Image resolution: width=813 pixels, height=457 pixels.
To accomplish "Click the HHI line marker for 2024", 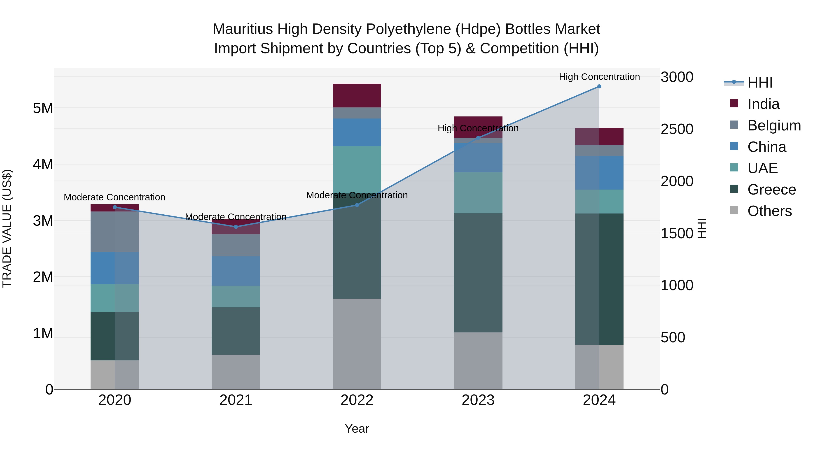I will (599, 86).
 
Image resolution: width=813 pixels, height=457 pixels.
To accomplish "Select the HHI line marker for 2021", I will (236, 227).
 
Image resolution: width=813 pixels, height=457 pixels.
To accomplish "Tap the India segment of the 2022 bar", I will (357, 95).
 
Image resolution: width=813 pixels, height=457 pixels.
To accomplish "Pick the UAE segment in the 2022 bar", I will (357, 170).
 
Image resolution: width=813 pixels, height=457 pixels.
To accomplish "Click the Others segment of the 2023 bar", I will (478, 360).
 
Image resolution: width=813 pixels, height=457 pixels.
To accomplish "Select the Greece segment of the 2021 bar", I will (236, 331).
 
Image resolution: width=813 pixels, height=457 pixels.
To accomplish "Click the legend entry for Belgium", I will (774, 125).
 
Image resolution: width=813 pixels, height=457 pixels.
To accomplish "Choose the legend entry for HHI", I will (760, 83).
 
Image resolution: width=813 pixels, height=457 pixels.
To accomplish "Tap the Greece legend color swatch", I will (734, 189).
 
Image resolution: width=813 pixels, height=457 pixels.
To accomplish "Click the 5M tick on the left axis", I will (43, 108).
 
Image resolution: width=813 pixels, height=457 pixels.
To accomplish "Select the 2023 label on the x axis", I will (478, 400).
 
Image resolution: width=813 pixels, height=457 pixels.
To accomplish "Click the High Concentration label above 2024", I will (599, 77).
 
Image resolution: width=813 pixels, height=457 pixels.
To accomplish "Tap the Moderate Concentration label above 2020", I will (114, 197).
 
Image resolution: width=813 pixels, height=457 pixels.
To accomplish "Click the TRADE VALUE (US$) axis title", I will (7, 228).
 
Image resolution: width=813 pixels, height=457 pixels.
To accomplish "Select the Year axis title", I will (357, 429).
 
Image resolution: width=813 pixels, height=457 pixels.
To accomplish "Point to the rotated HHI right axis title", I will (702, 228).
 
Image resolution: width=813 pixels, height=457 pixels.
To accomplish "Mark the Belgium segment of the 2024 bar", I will (599, 151).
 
